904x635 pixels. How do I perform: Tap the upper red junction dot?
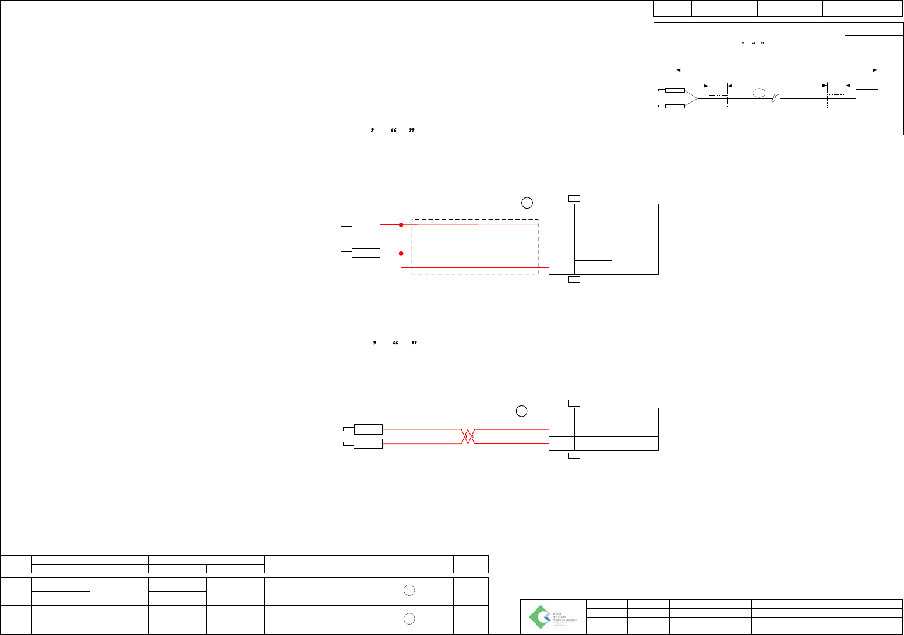[x=401, y=225]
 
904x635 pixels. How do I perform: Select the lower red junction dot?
[x=401, y=253]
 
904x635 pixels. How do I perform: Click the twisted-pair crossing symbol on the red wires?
[x=468, y=436]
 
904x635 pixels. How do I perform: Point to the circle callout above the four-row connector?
[x=527, y=203]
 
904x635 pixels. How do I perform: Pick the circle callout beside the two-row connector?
[x=522, y=411]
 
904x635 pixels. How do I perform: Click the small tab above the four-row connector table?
[x=574, y=199]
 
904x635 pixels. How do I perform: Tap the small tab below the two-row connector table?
[x=574, y=456]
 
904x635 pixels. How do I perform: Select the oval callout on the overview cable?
[x=760, y=93]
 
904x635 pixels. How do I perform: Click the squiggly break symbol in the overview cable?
[x=775, y=100]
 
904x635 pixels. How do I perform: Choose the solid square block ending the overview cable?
[x=867, y=99]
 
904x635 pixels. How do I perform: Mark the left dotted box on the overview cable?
[x=718, y=101]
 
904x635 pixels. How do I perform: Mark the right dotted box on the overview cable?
[x=836, y=101]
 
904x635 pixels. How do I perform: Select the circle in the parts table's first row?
[x=409, y=591]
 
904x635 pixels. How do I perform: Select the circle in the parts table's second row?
[x=409, y=619]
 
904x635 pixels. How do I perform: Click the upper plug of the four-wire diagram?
[x=365, y=225]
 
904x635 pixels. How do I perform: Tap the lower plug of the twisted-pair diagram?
[x=368, y=444]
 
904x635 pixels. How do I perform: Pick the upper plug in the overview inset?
[x=675, y=90]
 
